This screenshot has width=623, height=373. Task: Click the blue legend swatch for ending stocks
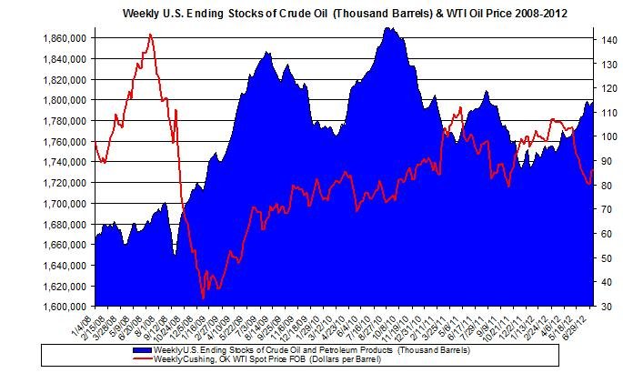(142, 349)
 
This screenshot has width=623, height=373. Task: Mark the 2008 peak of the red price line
(150, 35)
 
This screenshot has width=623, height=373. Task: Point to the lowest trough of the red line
(203, 297)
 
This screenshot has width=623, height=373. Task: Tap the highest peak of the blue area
(389, 28)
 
